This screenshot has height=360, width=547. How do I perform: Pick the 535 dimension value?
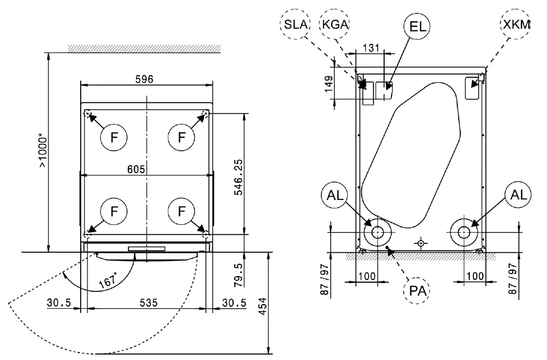(x=148, y=303)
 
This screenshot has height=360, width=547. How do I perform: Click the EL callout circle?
(x=416, y=24)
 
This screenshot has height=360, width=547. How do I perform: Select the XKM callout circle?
(x=516, y=24)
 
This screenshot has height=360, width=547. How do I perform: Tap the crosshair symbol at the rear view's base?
(x=421, y=243)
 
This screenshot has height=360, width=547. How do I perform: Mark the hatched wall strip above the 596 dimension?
(x=144, y=48)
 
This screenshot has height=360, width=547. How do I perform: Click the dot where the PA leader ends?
(x=388, y=247)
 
